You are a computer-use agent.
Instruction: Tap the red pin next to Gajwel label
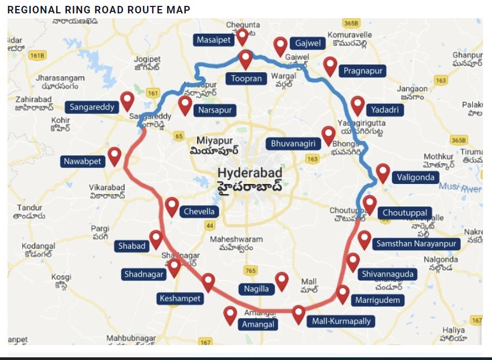pyautogui.click(x=280, y=46)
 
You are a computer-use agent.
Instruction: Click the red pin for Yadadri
pyautogui.click(x=358, y=105)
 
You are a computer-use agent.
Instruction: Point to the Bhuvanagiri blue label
pyautogui.click(x=293, y=143)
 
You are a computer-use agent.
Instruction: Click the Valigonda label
pyautogui.click(x=415, y=177)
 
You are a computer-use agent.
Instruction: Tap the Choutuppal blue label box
pyautogui.click(x=405, y=213)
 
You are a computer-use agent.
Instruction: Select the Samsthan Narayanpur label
pyautogui.click(x=418, y=244)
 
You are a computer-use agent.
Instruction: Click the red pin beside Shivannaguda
pyautogui.click(x=352, y=262)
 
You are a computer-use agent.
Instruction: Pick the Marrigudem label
pyautogui.click(x=377, y=300)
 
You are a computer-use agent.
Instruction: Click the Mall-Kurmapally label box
pyautogui.click(x=340, y=321)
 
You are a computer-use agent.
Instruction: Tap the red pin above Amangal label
pyautogui.click(x=230, y=315)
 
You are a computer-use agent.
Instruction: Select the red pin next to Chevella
pyautogui.click(x=171, y=206)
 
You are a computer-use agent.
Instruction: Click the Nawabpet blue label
pyautogui.click(x=84, y=162)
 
